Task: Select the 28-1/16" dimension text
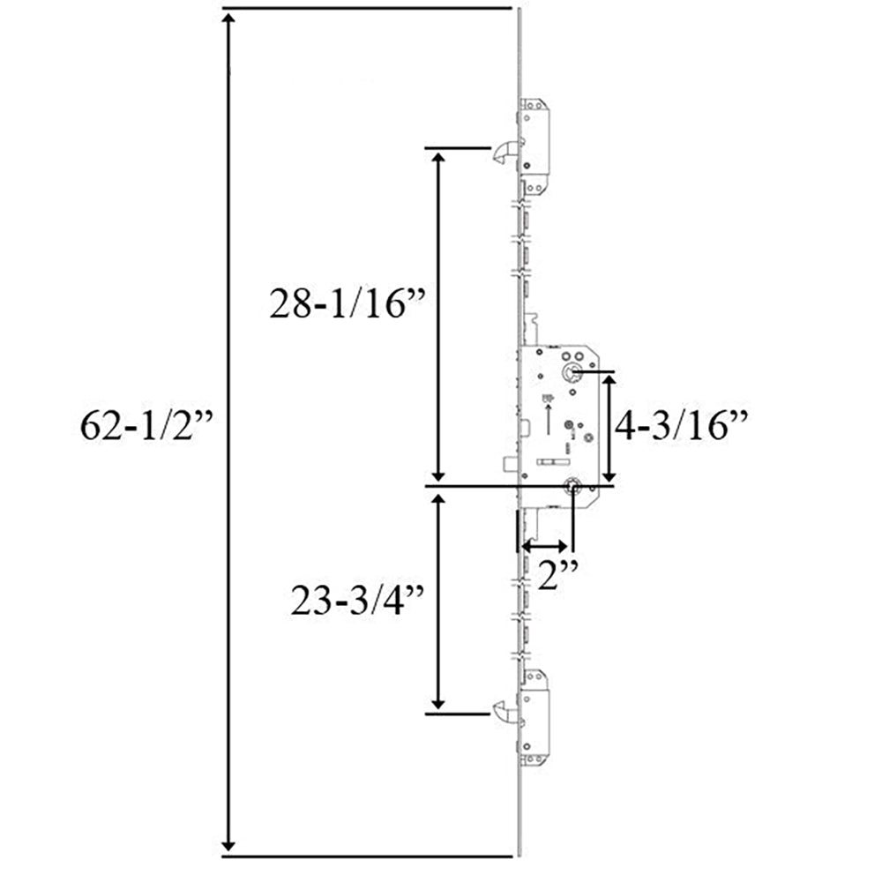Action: [x=349, y=304]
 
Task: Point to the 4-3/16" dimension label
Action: [x=681, y=427]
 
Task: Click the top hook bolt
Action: [x=503, y=153]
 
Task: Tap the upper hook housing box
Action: [x=535, y=150]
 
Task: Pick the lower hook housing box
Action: [x=535, y=718]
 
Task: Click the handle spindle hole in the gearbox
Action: [x=574, y=372]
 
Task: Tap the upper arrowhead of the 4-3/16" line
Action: [x=607, y=380]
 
